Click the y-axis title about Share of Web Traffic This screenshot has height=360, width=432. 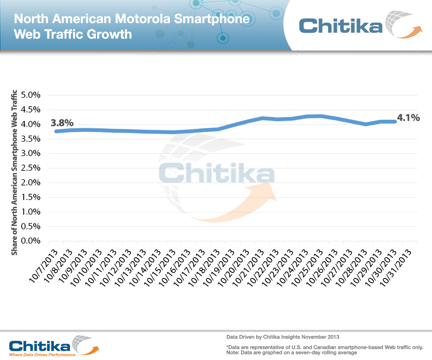click(14, 173)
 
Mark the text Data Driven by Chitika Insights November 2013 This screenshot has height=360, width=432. click(283, 336)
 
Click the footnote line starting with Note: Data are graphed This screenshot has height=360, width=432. click(292, 353)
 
